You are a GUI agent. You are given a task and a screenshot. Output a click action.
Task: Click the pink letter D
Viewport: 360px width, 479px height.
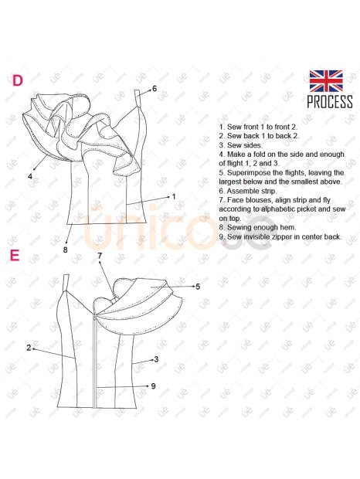(x=18, y=80)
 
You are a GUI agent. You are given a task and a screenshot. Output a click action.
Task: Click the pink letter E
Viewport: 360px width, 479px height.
(x=15, y=256)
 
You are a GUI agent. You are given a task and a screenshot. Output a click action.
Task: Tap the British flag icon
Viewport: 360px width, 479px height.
(x=326, y=81)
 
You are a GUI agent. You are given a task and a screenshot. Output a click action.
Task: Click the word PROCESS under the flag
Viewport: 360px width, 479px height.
(x=330, y=102)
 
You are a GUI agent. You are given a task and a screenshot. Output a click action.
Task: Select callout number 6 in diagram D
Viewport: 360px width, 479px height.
(x=155, y=88)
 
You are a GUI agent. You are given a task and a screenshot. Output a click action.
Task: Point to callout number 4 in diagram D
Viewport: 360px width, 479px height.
(x=30, y=176)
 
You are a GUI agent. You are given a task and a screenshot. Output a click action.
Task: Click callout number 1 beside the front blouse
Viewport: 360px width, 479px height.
(x=174, y=196)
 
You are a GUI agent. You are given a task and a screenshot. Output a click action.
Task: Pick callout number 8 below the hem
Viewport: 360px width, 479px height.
(x=65, y=250)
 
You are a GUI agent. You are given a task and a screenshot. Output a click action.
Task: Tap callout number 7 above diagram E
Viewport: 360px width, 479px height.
(x=100, y=256)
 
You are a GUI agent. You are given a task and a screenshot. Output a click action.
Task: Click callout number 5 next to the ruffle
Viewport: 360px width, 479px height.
(x=198, y=287)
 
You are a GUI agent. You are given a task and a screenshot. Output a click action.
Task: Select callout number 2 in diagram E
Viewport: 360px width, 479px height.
(x=29, y=348)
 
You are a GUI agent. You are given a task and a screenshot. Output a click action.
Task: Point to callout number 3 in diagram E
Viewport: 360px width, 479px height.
(x=156, y=359)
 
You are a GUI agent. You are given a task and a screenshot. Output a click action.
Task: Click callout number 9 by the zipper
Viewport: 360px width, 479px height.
(x=153, y=386)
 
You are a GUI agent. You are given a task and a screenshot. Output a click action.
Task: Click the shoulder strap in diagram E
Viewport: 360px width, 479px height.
(x=66, y=284)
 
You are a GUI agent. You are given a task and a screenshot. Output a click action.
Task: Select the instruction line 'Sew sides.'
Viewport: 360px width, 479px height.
(x=240, y=145)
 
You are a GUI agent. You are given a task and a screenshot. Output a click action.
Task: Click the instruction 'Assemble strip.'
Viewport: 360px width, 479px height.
(x=248, y=191)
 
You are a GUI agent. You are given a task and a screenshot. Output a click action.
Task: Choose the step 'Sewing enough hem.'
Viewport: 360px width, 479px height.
(x=257, y=227)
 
